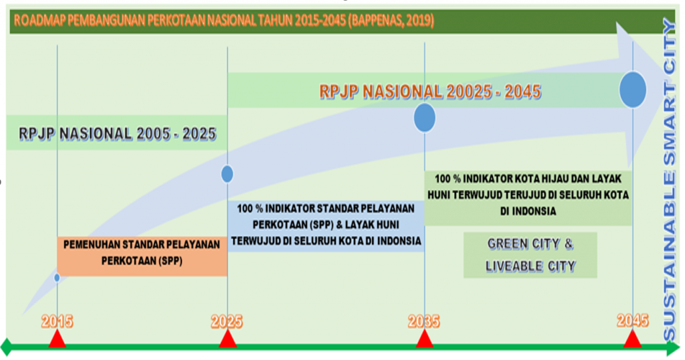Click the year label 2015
pyautogui.click(x=58, y=322)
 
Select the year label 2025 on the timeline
pyautogui.click(x=227, y=322)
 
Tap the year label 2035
pyautogui.click(x=423, y=322)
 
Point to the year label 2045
pyautogui.click(x=633, y=321)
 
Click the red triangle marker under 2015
pyautogui.click(x=58, y=339)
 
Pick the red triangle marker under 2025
pyautogui.click(x=227, y=339)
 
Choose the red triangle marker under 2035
pyautogui.click(x=424, y=339)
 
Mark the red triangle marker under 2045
pyautogui.click(x=632, y=339)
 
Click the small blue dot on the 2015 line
pyautogui.click(x=57, y=278)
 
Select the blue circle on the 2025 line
pyautogui.click(x=227, y=174)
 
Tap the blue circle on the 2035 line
pyautogui.click(x=425, y=118)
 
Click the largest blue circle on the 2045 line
pyautogui.click(x=633, y=90)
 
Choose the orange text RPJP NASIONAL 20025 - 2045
pyautogui.click(x=430, y=92)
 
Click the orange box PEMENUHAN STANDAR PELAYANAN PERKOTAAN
pyautogui.click(x=142, y=256)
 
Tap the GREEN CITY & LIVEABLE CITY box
pyautogui.click(x=530, y=255)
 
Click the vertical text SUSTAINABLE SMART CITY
pyautogui.click(x=669, y=179)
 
